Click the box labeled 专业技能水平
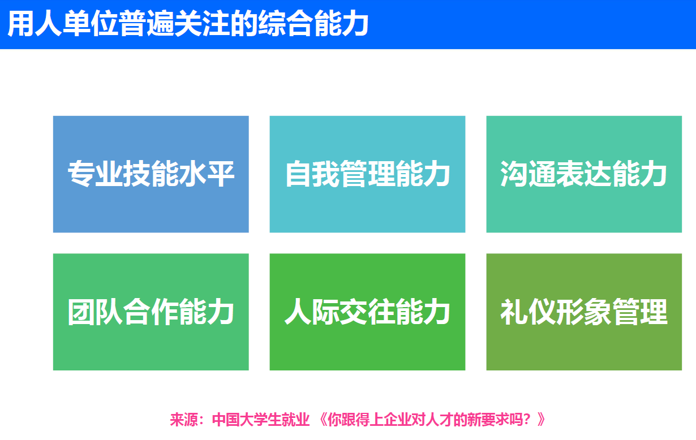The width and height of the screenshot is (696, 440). click(x=151, y=174)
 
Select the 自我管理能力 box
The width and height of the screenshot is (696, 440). click(x=367, y=174)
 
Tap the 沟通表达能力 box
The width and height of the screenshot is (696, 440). click(x=584, y=174)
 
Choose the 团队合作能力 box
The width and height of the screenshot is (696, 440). click(x=151, y=312)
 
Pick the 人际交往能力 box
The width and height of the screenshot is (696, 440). click(x=367, y=312)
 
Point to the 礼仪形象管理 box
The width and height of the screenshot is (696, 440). click(x=584, y=312)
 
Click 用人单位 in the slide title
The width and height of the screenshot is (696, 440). click(x=62, y=24)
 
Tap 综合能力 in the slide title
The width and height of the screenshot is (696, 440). click(x=313, y=24)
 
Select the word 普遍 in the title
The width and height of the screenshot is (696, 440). click(x=146, y=24)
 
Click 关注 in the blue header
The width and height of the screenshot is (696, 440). click(x=202, y=24)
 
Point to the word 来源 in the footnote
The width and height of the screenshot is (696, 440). click(x=184, y=420)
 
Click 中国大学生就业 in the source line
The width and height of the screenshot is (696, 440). click(x=261, y=420)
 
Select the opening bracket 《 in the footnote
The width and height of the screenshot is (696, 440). click(x=323, y=420)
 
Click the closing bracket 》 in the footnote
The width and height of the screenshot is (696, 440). click(x=541, y=420)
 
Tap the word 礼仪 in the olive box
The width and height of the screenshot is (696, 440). click(x=527, y=312)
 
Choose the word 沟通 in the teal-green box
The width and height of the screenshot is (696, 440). click(x=527, y=174)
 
